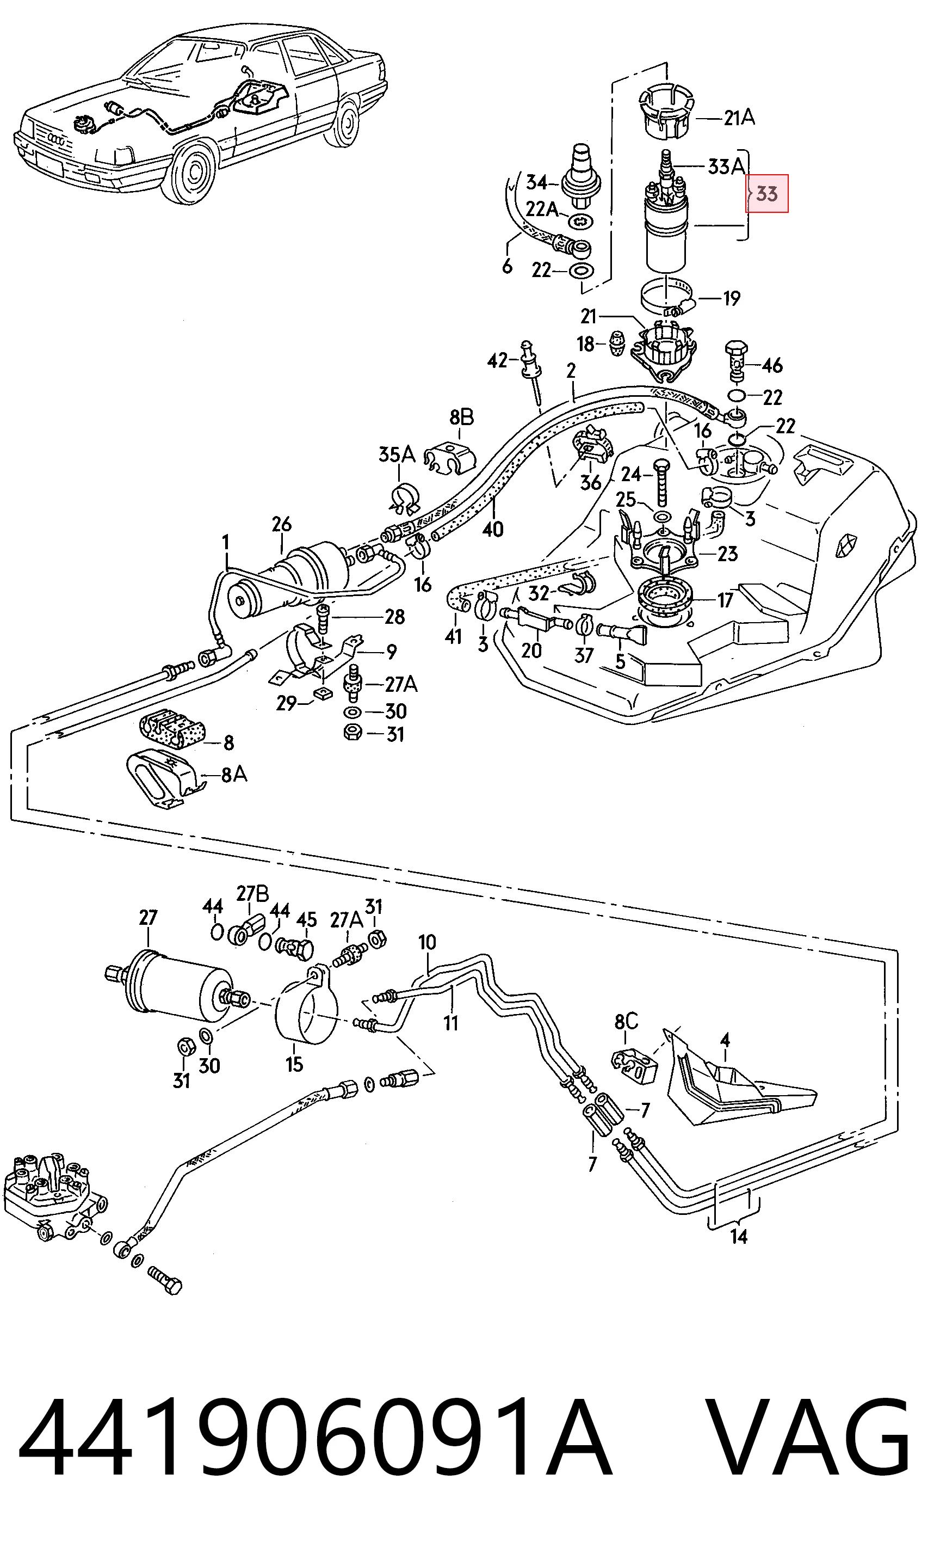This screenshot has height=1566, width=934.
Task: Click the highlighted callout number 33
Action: (766, 193)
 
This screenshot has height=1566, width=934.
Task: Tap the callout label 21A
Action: (739, 118)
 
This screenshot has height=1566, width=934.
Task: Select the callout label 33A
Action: (726, 167)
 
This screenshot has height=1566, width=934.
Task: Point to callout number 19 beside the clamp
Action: (731, 298)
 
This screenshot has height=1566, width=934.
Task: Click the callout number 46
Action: (772, 365)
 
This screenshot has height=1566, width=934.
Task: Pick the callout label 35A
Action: (397, 455)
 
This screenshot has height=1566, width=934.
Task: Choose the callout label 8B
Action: (461, 417)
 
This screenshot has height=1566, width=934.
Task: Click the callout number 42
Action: (497, 361)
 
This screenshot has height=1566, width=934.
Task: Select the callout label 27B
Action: (252, 894)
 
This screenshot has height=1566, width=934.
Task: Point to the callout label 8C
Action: (626, 1021)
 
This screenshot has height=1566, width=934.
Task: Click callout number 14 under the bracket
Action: (738, 1236)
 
